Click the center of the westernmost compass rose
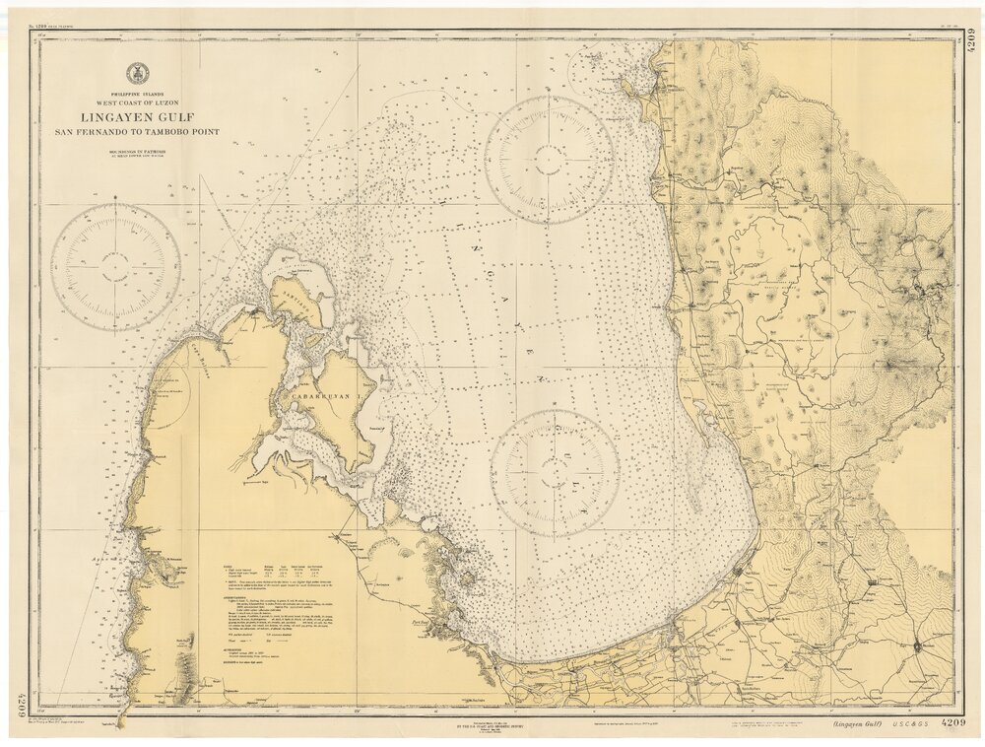pyautogui.click(x=115, y=266)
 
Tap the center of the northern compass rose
pyautogui.click(x=549, y=160)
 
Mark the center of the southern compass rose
pyautogui.click(x=555, y=473)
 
